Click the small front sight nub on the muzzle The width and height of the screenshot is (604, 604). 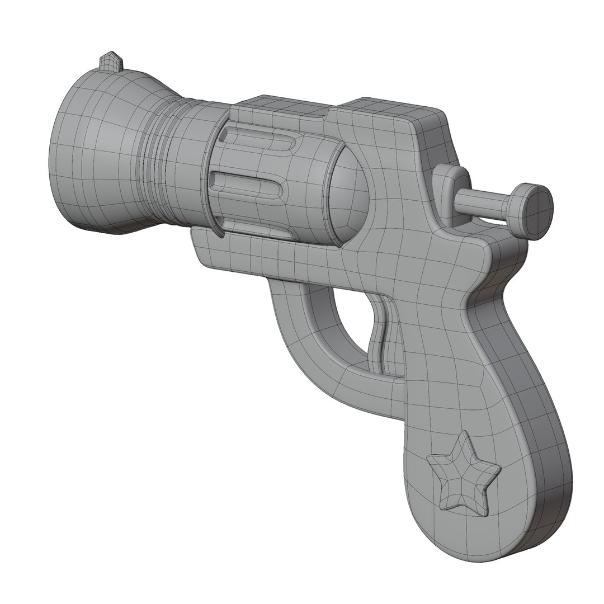(111, 62)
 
